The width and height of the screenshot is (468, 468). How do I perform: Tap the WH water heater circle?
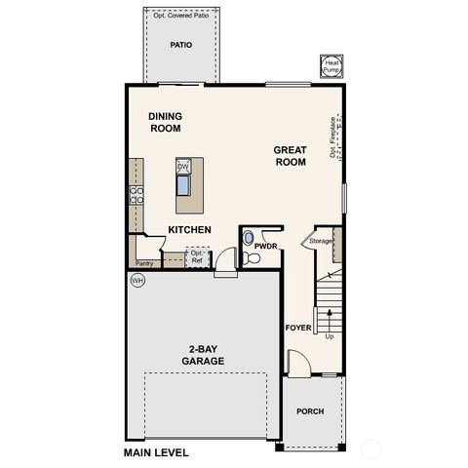coord(137,280)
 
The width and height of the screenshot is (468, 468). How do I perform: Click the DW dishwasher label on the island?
coord(182,166)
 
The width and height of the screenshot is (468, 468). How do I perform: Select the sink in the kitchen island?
coord(183,184)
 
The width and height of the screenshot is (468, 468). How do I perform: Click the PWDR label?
coord(266,248)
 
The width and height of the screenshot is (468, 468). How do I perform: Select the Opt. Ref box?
coord(196,256)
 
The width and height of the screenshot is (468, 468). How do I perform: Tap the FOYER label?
coord(297,328)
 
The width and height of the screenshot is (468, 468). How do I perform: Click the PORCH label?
coord(310,410)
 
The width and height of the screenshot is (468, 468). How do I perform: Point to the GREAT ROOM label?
coord(290,156)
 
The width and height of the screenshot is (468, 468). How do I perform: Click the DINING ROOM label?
coord(166,121)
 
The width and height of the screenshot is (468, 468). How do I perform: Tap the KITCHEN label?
coord(190,229)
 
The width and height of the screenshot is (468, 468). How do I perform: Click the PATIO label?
coord(180,45)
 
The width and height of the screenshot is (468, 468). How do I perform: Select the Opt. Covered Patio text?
coord(180,17)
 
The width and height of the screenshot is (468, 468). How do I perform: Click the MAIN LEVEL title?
coord(156,453)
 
